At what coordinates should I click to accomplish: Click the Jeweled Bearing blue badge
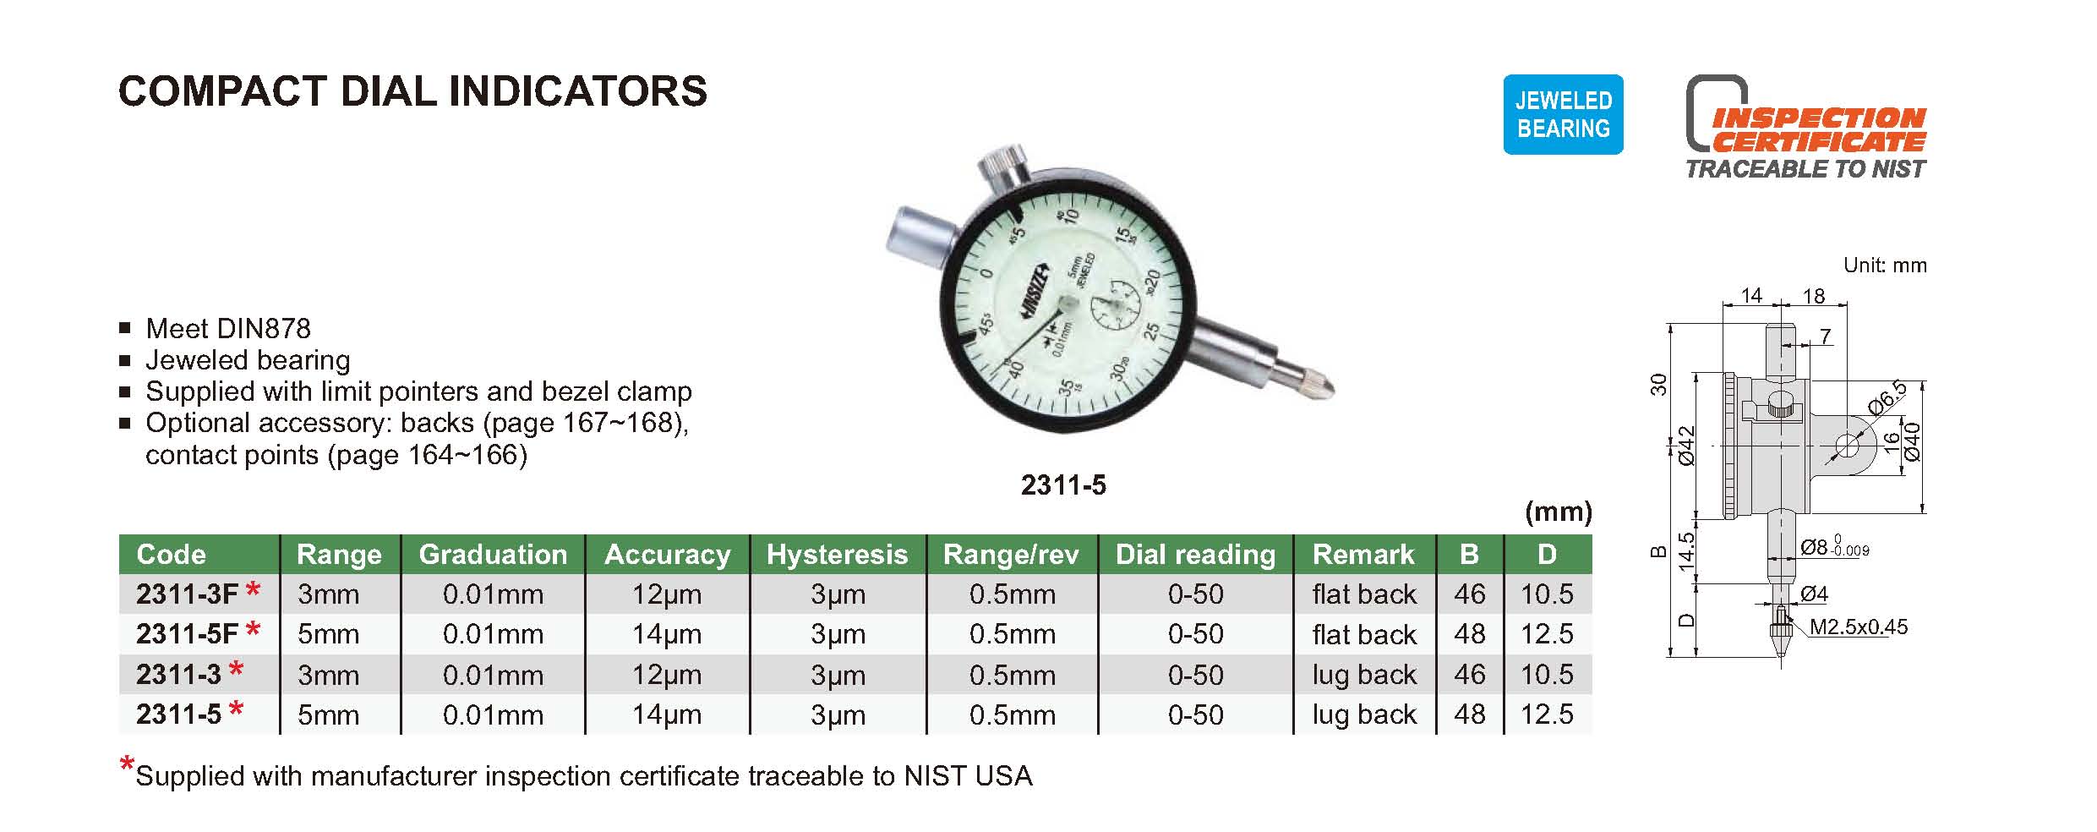[1563, 114]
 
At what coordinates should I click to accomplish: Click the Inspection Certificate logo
[1805, 128]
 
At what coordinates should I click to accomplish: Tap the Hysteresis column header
[837, 555]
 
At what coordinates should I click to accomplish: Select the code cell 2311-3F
[187, 594]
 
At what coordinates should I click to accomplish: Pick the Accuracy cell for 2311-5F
[667, 634]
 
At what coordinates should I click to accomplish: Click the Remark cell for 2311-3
[1363, 675]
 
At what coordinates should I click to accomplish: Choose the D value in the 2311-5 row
[1547, 714]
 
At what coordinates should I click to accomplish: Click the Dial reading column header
[1195, 555]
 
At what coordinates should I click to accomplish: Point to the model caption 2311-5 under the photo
[1063, 485]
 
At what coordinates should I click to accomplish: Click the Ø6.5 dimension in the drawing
[1887, 397]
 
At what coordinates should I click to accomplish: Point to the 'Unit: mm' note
[1885, 265]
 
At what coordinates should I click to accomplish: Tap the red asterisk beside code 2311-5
[236, 709]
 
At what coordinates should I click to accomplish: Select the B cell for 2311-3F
[1470, 594]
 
